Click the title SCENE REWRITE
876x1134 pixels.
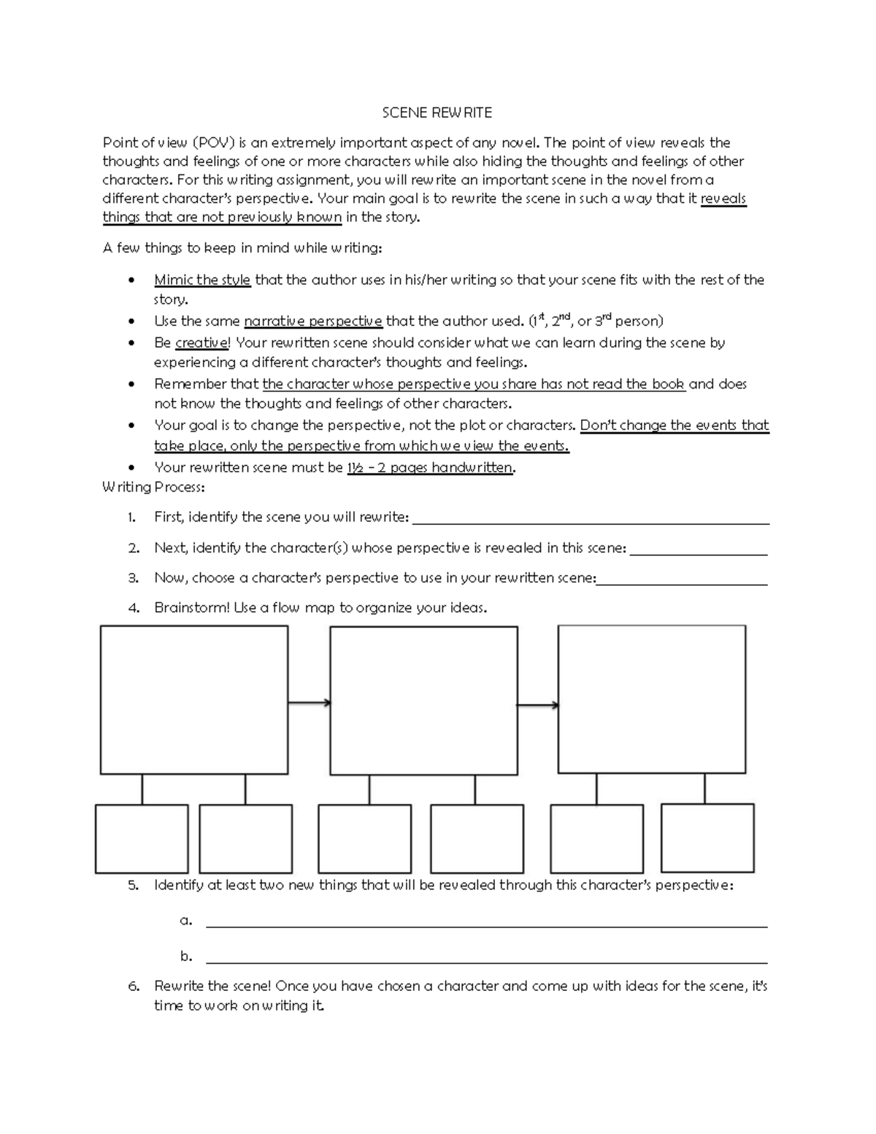pos(437,112)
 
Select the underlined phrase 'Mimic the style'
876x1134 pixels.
pos(202,280)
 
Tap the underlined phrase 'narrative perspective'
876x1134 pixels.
pos(312,321)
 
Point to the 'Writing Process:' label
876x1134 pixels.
pos(153,487)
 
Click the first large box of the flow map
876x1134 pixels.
pos(193,700)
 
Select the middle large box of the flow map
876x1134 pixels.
pos(423,700)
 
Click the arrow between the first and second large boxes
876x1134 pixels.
pos(309,703)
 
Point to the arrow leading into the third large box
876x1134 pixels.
pos(538,705)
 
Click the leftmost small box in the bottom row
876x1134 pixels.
pos(142,838)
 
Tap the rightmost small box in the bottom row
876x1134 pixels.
pos(707,838)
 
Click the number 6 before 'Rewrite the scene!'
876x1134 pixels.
pos(133,986)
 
